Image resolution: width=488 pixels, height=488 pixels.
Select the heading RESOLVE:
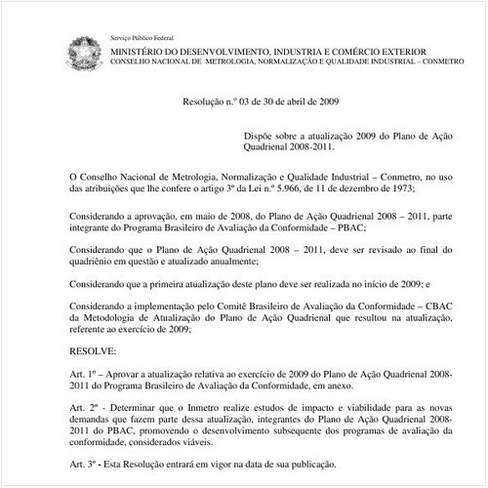pos(94,349)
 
